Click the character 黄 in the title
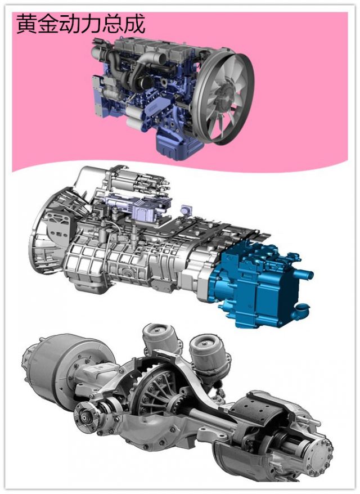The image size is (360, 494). click(26, 23)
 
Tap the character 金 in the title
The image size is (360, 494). click(48, 23)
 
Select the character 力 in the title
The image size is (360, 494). click(91, 23)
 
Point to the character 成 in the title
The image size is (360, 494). click(134, 23)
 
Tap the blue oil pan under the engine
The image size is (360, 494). click(177, 146)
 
